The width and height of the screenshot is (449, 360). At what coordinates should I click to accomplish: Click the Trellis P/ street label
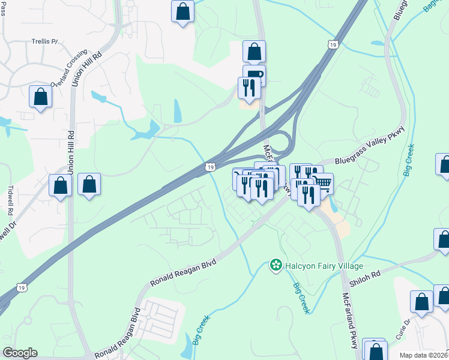44,42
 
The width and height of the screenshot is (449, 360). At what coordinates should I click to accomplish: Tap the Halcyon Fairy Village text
324,266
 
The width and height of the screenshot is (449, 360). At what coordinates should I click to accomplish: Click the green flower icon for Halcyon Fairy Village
276,265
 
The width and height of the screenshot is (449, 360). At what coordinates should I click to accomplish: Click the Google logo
19,353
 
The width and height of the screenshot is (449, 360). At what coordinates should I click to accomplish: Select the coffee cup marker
254,74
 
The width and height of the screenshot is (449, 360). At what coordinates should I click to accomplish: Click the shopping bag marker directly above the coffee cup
254,52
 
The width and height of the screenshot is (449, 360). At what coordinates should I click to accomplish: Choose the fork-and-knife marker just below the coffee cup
248,88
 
